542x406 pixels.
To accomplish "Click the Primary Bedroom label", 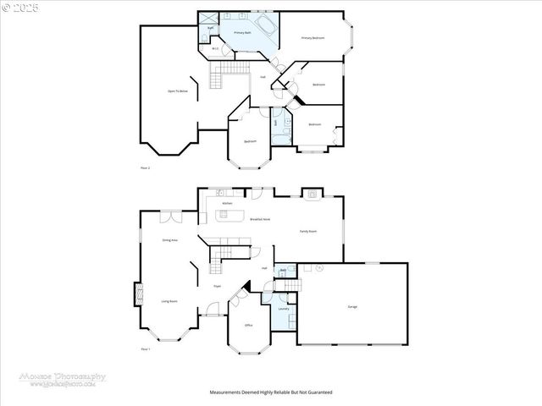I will tap(312, 38).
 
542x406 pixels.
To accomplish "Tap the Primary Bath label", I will tap(243, 32).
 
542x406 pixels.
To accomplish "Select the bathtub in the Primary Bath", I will tap(268, 24).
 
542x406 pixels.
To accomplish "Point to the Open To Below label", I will tap(178, 91).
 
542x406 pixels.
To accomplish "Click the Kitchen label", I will tap(227, 204).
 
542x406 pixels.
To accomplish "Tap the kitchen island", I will tap(232, 215).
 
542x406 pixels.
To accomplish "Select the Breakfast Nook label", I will tap(260, 219).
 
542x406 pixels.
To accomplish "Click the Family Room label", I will tap(307, 231).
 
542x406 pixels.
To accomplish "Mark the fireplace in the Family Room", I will tap(312, 194).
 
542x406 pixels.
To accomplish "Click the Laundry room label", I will tap(284, 309).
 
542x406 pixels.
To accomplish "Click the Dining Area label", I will tap(169, 240).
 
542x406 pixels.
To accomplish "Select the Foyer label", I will tap(217, 287).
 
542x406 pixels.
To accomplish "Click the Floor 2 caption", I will tap(145, 168).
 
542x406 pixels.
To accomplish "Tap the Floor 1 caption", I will tap(145, 349).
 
